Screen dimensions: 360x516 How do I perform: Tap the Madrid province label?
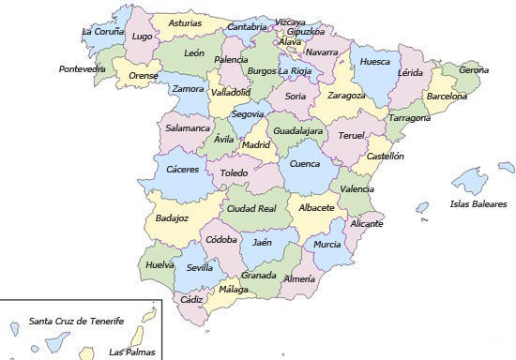click(255, 145)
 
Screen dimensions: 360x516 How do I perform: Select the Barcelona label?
click(447, 96)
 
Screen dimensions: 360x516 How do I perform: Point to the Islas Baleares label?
click(478, 203)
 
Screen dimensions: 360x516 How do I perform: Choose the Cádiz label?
click(192, 299)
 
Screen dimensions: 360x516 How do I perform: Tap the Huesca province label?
click(375, 63)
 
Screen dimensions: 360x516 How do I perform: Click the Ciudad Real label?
click(251, 208)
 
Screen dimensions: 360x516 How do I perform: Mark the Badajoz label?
click(172, 217)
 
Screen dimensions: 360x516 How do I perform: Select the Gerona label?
click(474, 69)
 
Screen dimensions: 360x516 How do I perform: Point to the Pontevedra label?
click(82, 68)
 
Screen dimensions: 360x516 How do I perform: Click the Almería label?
click(299, 278)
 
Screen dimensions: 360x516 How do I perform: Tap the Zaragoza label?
click(346, 95)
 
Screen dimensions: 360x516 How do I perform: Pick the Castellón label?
click(385, 157)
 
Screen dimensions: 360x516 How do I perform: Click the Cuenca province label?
click(305, 164)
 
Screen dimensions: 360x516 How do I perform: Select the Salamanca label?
click(188, 127)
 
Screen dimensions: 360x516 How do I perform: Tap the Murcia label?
click(327, 244)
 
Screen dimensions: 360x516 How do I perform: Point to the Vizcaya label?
click(291, 22)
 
